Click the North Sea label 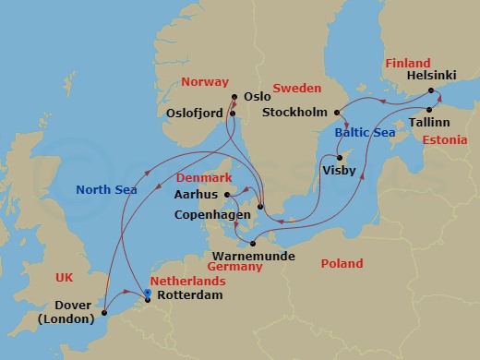point(106,190)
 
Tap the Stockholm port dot point(339,113)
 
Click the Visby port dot point(341,157)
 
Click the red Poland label point(341,264)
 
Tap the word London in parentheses point(67,319)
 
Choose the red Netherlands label point(187,281)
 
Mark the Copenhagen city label point(211,214)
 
